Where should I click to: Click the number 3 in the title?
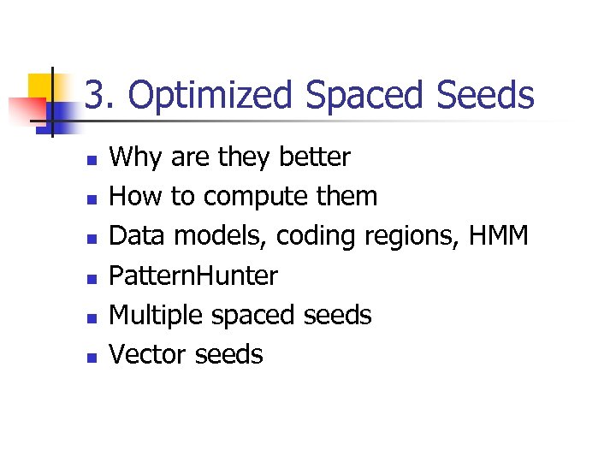(x=97, y=96)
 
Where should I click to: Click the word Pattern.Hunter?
(x=193, y=275)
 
